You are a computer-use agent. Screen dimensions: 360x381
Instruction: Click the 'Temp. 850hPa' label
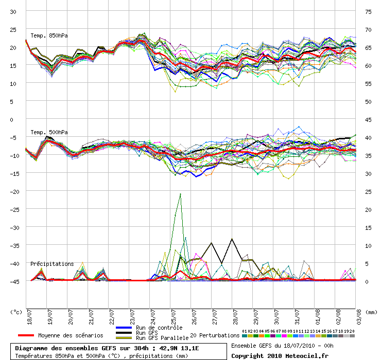click(49, 35)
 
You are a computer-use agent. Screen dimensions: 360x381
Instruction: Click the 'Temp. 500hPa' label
click(49, 132)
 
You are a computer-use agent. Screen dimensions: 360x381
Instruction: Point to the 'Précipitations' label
click(52, 264)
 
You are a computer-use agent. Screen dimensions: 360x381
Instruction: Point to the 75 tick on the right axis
click(368, 11)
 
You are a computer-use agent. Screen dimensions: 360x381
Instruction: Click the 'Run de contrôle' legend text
click(159, 328)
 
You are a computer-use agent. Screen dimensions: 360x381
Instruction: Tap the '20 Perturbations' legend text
click(215, 335)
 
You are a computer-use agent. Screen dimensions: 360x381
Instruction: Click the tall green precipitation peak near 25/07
click(180, 194)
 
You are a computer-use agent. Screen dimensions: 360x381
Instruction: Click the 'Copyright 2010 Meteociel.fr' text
click(280, 355)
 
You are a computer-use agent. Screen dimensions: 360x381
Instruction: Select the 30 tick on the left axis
click(13, 11)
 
